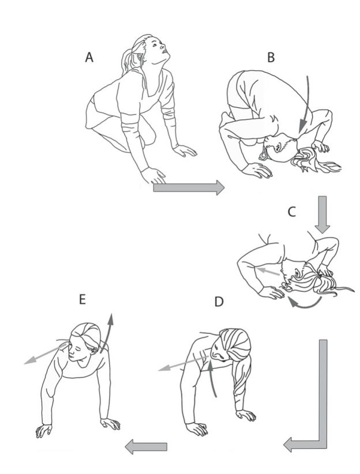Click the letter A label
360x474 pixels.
[89, 57]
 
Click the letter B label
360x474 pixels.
[271, 57]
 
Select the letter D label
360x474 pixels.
[219, 302]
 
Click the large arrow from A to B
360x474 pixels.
[189, 188]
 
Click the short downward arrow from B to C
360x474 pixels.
[322, 215]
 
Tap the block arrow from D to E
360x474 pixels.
[146, 447]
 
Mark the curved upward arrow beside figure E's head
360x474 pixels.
[107, 333]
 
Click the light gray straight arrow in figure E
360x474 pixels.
[46, 353]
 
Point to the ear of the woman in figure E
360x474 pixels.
[94, 351]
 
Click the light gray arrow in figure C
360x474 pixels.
[268, 271]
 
